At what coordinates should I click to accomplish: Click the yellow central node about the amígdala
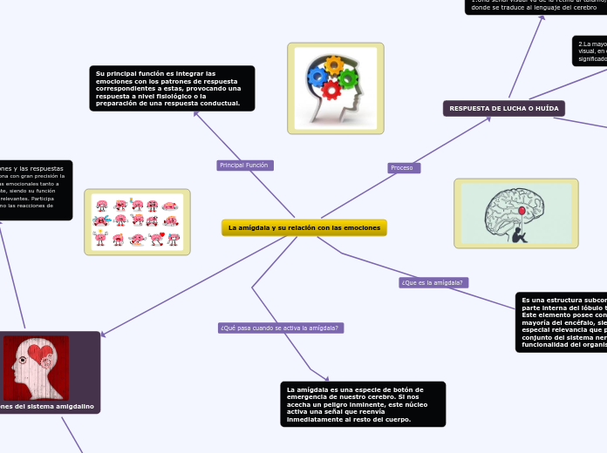pyautogui.click(x=303, y=227)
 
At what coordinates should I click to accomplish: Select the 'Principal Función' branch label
pyautogui.click(x=244, y=166)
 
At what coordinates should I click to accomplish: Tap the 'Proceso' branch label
pyautogui.click(x=403, y=167)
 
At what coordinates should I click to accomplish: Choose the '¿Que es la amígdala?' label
pyautogui.click(x=433, y=282)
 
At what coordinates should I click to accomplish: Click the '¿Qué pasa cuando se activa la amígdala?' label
pyautogui.click(x=280, y=328)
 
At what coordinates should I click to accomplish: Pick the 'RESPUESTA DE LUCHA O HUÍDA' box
pyautogui.click(x=504, y=108)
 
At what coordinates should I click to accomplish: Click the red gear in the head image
pyautogui.click(x=331, y=90)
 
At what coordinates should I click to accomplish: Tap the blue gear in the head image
pyautogui.click(x=317, y=77)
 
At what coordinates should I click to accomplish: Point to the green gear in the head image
pyautogui.click(x=348, y=78)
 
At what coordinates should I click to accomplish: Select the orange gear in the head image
pyautogui.click(x=334, y=65)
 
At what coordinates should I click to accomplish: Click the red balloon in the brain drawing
pyautogui.click(x=522, y=211)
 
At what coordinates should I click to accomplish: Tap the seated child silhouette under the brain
pyautogui.click(x=520, y=233)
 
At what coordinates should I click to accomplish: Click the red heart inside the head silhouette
pyautogui.click(x=40, y=354)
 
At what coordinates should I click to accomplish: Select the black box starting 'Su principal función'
pyautogui.click(x=172, y=88)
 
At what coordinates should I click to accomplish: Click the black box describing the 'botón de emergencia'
pyautogui.click(x=363, y=404)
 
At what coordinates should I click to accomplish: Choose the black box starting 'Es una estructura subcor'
pyautogui.click(x=561, y=322)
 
